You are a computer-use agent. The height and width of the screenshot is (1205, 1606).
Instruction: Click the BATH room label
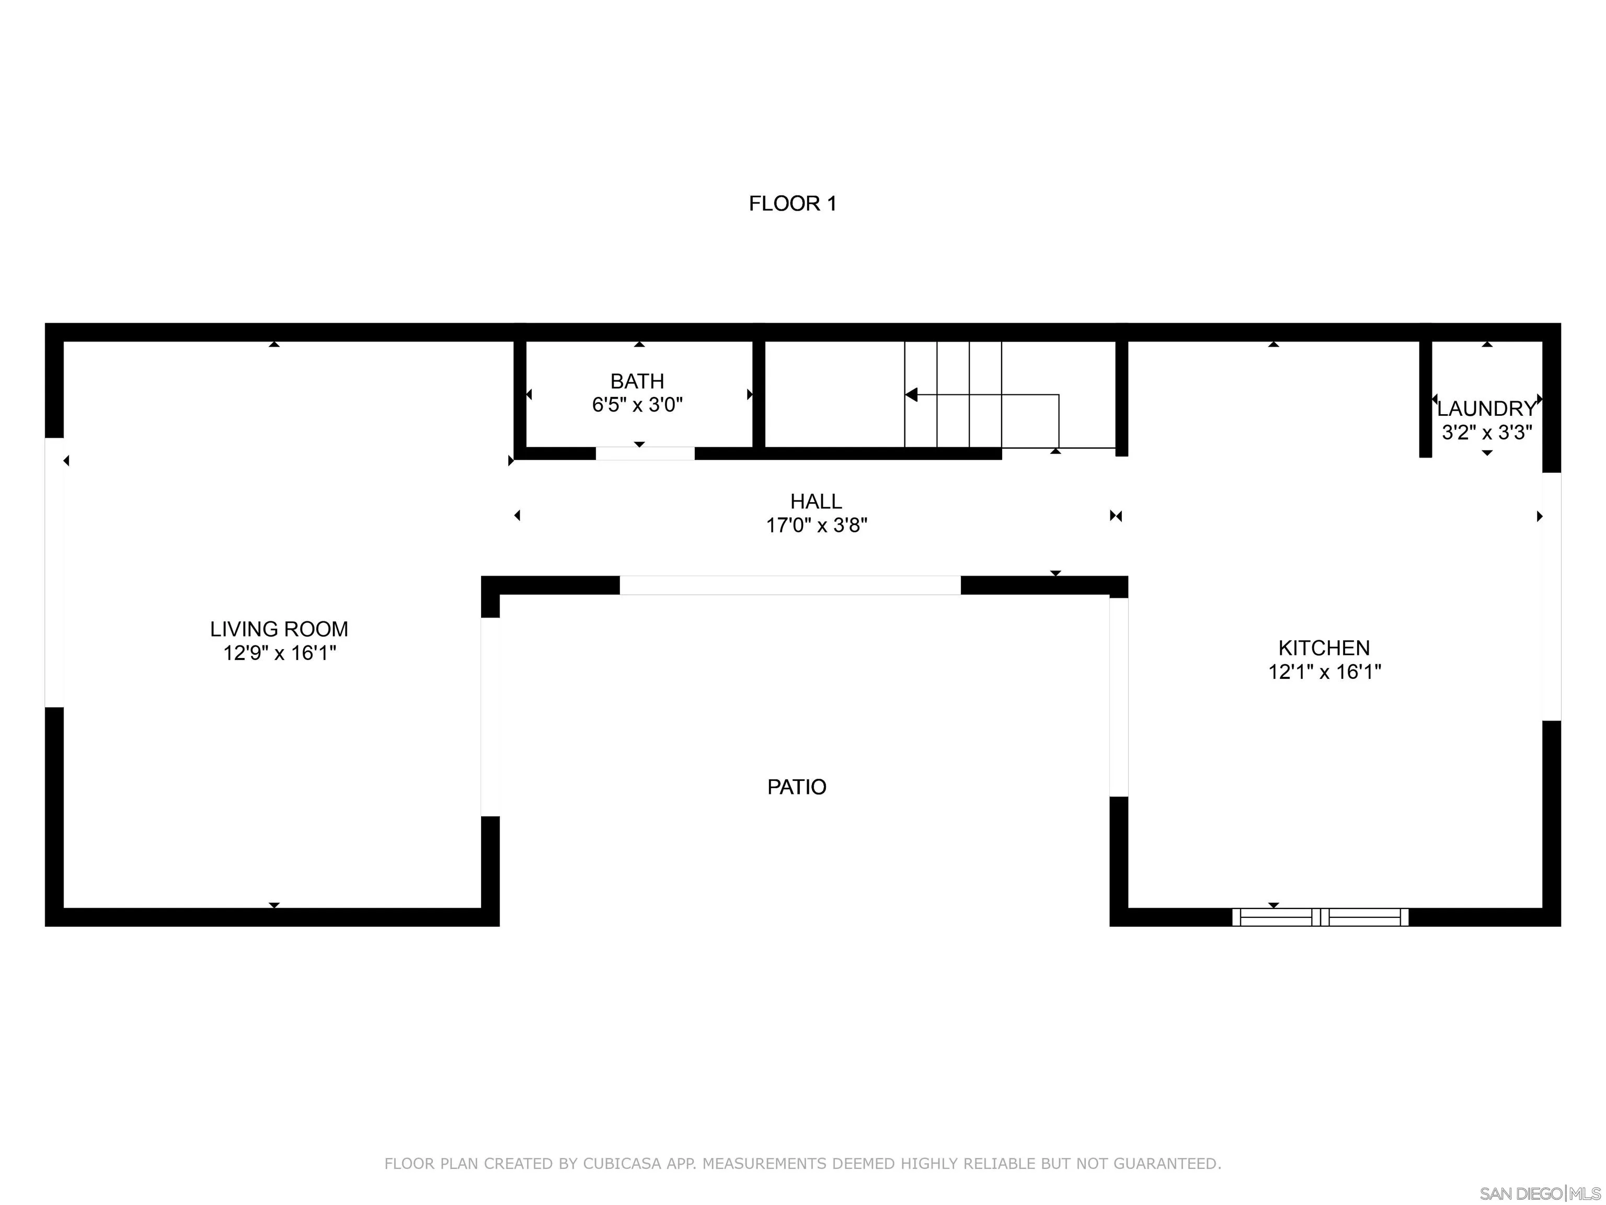(637, 381)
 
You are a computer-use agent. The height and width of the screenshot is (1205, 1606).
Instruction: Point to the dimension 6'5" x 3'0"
(637, 405)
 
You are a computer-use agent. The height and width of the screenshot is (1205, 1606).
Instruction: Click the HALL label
(816, 501)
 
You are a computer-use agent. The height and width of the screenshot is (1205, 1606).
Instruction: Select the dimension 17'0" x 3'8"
(816, 525)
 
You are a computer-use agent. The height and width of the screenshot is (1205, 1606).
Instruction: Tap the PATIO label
(797, 787)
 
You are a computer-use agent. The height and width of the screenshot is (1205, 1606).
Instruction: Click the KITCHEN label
(1324, 648)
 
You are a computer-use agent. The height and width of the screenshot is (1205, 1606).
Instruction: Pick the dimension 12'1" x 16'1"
(1324, 672)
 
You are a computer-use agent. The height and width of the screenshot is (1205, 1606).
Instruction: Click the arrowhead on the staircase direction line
(911, 394)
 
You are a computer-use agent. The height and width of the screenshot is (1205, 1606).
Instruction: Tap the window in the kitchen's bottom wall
(1320, 917)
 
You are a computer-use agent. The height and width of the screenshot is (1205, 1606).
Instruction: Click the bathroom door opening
(645, 454)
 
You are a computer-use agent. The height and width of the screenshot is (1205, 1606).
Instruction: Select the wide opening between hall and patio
(790, 585)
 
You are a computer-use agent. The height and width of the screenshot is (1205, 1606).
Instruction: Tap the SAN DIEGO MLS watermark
(1539, 1193)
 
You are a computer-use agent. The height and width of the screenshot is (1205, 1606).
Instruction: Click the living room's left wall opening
(54, 572)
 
